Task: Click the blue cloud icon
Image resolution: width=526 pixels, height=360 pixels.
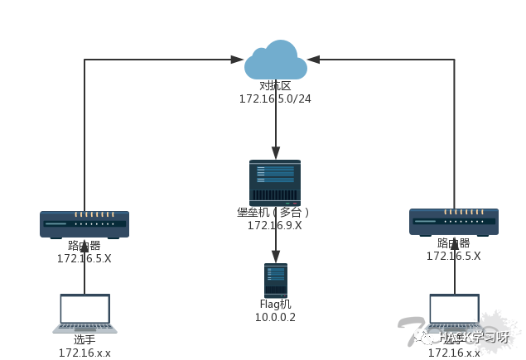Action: point(275,61)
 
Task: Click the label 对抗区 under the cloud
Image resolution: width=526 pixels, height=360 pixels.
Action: point(275,86)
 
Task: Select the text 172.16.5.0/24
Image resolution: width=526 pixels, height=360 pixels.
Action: point(275,99)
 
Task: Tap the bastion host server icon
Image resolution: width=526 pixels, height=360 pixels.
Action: point(275,182)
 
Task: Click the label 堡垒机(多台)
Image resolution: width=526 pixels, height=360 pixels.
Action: point(273,212)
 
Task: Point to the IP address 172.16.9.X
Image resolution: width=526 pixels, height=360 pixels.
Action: point(274,225)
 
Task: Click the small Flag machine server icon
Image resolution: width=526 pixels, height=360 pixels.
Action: point(275,281)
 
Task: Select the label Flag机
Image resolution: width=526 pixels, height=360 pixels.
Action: point(275,305)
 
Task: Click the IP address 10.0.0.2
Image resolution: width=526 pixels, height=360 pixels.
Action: point(275,318)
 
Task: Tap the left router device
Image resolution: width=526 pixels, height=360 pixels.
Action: point(84,223)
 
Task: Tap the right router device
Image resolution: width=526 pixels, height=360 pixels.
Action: point(454,222)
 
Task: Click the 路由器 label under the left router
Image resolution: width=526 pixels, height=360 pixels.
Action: point(84,246)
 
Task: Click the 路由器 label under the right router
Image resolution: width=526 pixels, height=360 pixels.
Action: point(454,243)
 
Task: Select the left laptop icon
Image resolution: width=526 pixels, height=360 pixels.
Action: point(84,313)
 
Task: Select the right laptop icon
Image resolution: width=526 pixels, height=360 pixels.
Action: point(454,313)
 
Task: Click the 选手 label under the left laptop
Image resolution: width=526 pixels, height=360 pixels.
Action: point(84,340)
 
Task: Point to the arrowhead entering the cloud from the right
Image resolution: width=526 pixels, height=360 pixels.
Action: point(313,60)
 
